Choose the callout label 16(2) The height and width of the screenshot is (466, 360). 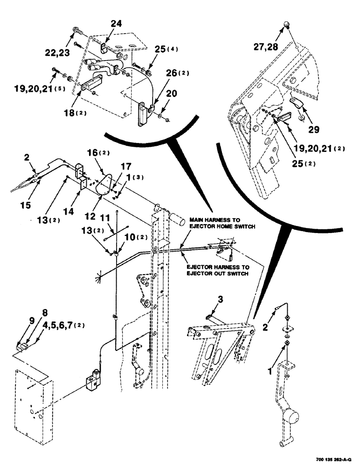97,153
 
